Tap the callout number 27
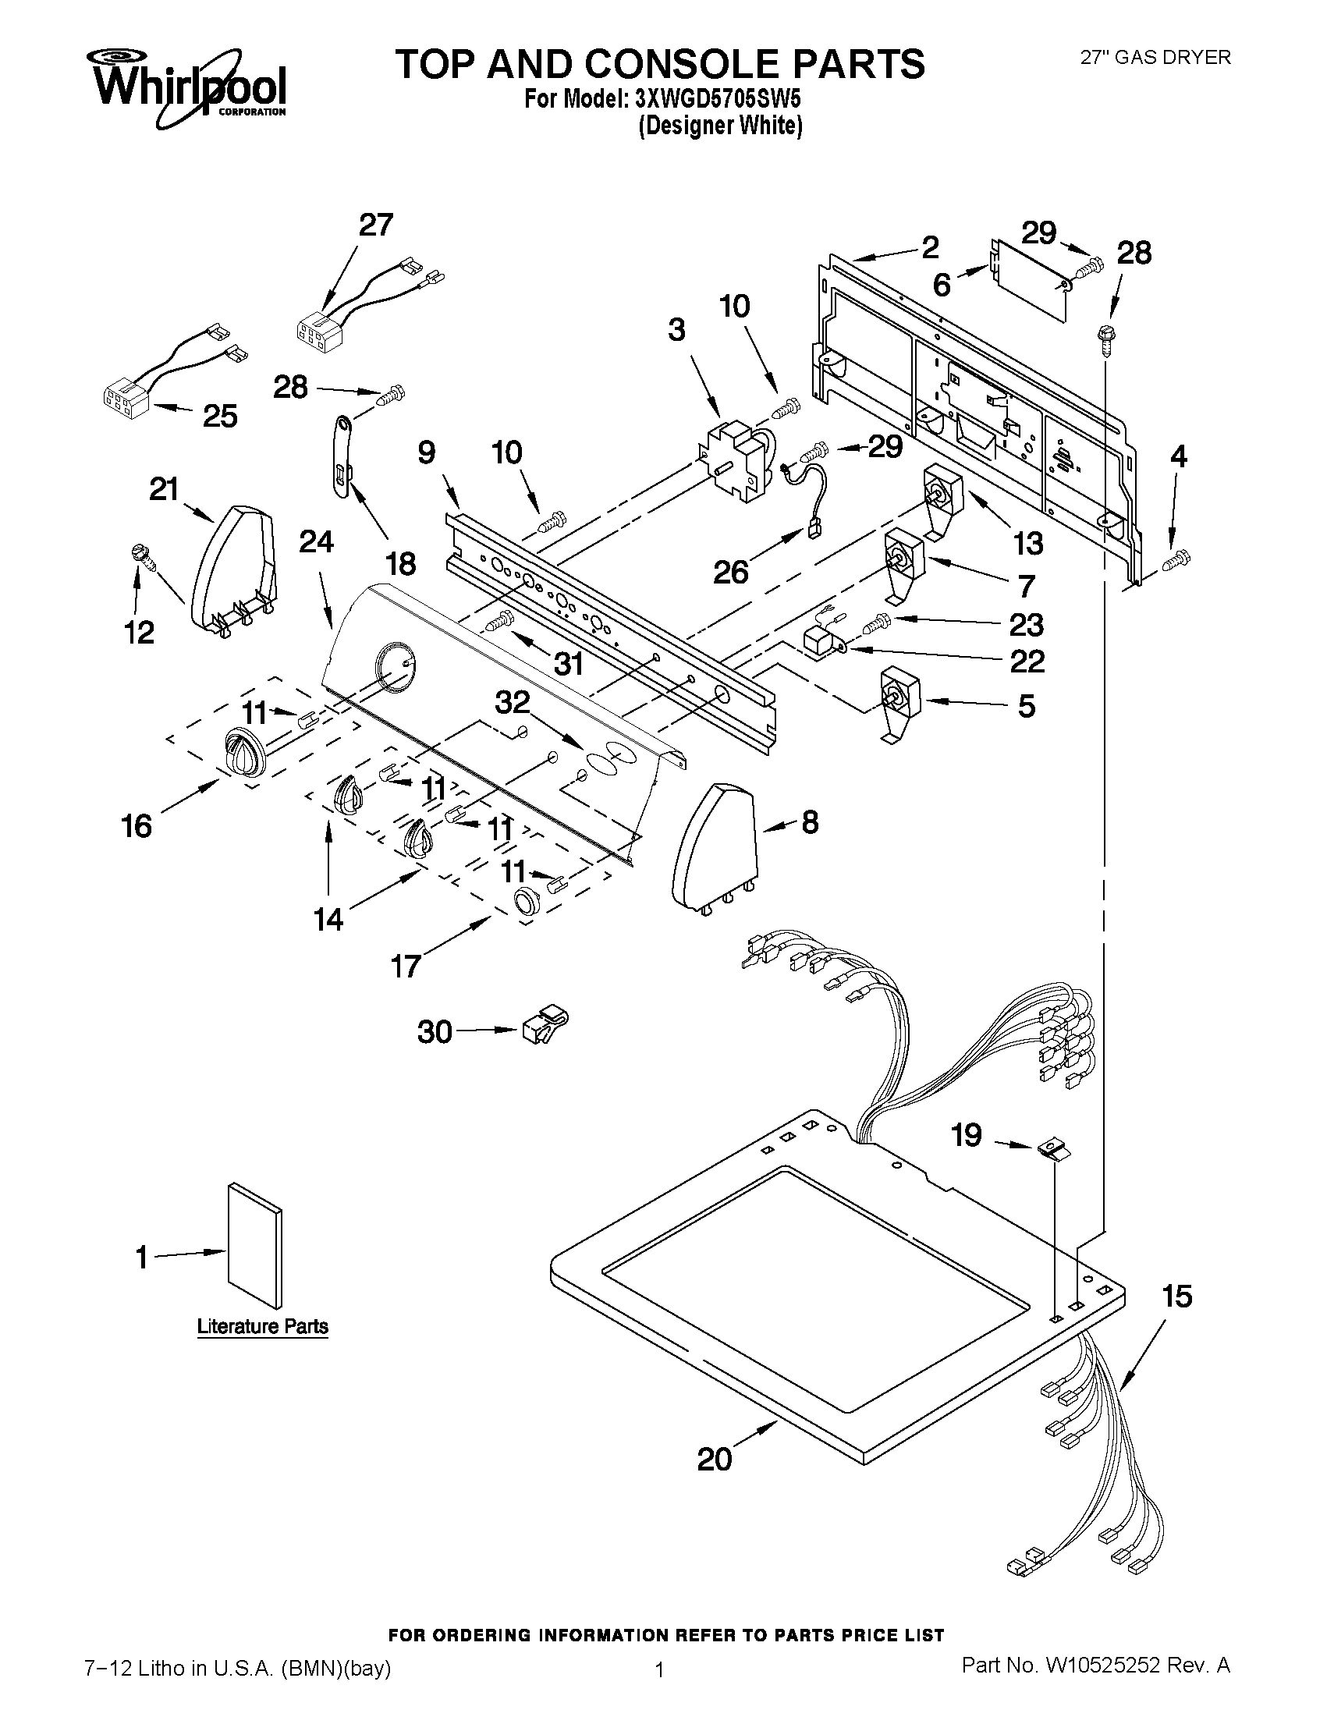point(376,225)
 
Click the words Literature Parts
point(263,1327)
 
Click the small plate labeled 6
point(1030,280)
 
